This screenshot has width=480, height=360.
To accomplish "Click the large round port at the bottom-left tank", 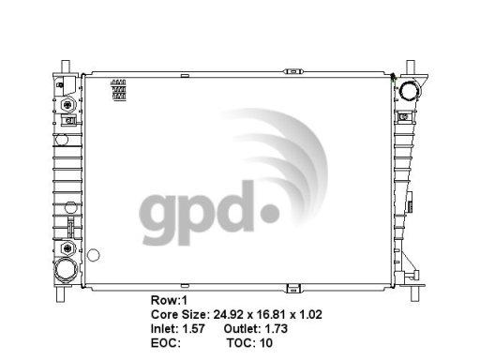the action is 66,270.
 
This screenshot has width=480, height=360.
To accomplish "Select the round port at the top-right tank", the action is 411,90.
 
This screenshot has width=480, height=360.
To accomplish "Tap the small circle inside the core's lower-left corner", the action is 93,255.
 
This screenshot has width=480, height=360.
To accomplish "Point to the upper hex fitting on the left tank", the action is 67,105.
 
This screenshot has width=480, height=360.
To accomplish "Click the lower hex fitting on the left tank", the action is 67,248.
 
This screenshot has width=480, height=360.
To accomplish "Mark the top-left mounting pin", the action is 66,67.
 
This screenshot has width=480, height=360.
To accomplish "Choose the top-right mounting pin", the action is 411,67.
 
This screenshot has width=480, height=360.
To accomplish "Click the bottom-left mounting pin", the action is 60,294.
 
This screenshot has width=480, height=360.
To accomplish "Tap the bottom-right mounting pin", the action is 414,293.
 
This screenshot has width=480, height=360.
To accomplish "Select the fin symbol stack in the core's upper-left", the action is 119,90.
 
